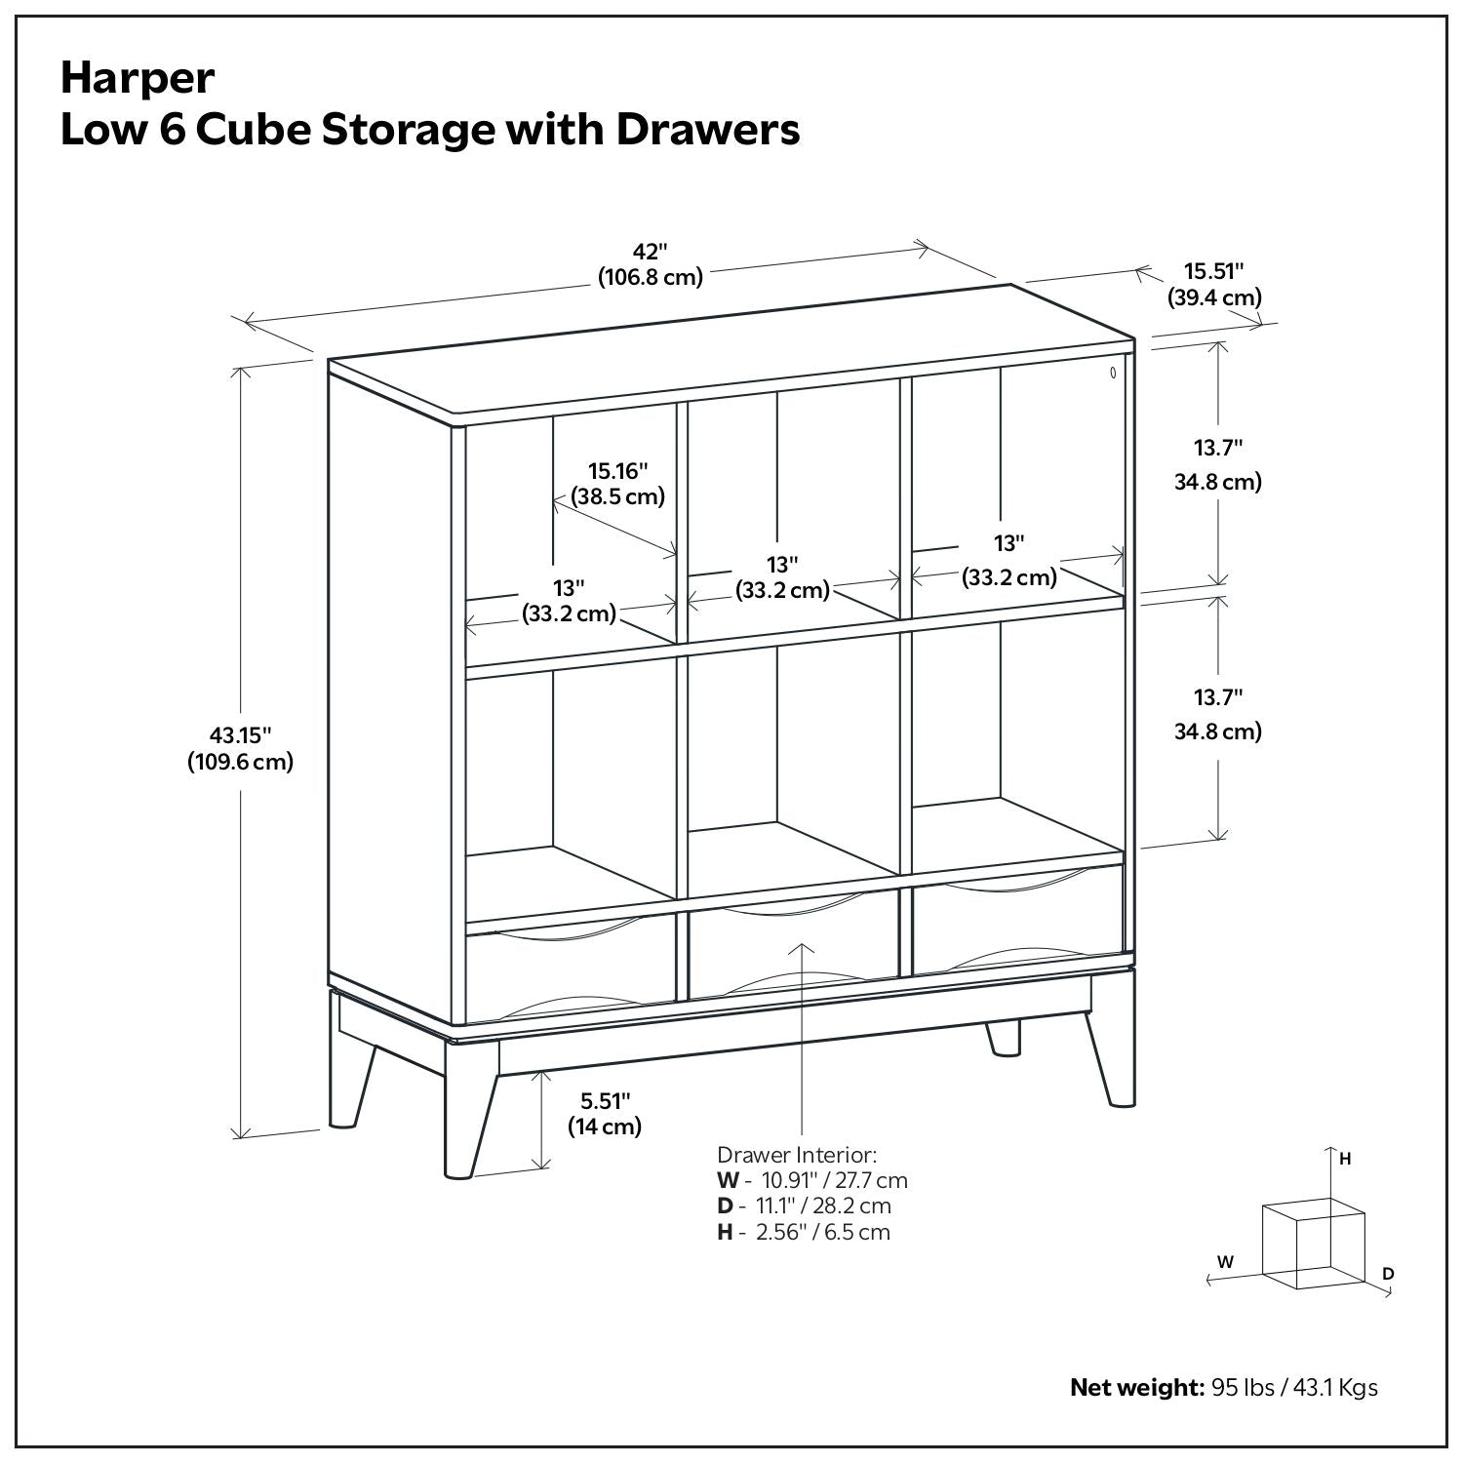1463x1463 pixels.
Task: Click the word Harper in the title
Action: pos(138,78)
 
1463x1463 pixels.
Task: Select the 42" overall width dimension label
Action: pos(651,251)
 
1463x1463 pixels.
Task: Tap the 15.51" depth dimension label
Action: pos(1214,271)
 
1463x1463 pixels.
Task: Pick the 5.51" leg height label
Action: pos(605,1101)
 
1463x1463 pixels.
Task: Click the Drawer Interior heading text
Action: pos(797,1155)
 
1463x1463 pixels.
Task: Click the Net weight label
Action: pos(1136,1387)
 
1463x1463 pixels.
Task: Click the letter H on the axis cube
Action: pos(1345,1160)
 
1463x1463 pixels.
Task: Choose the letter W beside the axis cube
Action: pos(1225,1261)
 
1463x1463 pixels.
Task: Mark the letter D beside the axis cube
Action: pos(1388,1274)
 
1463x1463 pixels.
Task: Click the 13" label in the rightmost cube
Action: pos(1009,542)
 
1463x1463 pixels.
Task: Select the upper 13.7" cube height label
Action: pos(1218,449)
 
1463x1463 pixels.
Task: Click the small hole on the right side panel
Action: pos(1113,372)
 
